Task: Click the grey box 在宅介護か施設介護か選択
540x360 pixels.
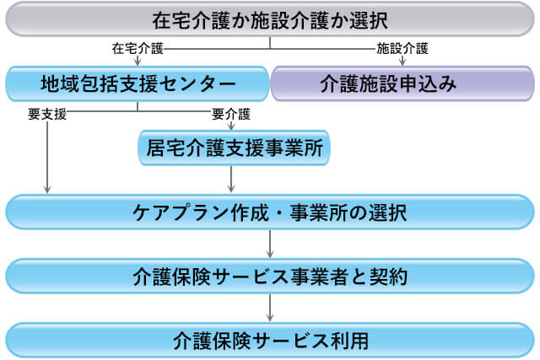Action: coord(270,19)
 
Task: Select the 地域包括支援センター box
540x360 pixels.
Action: coord(138,83)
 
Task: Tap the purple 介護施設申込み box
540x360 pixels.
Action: coord(402,83)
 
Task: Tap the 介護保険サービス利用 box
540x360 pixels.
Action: coord(270,341)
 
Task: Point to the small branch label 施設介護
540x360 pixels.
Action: coord(402,49)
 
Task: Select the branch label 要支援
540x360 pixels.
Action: coord(47,114)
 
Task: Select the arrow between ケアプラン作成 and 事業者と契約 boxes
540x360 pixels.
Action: coord(270,244)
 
